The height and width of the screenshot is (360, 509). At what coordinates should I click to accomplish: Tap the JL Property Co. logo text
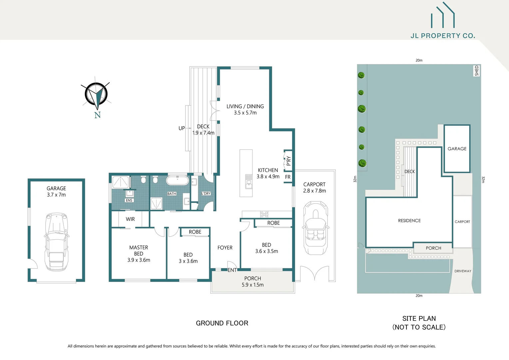443,36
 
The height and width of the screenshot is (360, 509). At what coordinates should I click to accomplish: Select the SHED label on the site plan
476,70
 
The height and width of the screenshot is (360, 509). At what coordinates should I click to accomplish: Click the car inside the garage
57,242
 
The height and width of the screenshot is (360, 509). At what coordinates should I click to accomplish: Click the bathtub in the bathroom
177,181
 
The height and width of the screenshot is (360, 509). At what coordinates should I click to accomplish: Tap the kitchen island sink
249,181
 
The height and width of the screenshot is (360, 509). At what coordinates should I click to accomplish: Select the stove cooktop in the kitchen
264,214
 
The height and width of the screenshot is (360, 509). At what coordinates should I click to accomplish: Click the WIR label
130,219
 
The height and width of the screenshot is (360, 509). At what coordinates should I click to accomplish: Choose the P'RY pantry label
288,161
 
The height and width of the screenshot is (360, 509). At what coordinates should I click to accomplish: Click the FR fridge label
288,177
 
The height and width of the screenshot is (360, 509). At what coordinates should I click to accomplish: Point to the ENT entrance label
232,270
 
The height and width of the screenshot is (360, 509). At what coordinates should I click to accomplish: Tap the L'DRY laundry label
206,194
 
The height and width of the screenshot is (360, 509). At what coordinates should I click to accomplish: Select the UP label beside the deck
182,128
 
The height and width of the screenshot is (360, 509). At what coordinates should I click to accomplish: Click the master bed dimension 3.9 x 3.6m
139,260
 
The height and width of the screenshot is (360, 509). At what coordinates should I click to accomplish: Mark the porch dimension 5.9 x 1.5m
253,285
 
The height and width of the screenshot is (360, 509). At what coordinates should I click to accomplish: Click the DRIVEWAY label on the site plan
463,271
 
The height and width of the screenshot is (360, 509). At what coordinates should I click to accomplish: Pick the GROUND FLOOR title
222,323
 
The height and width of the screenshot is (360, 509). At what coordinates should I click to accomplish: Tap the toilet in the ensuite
143,180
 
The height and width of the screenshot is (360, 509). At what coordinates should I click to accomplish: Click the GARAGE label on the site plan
457,149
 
